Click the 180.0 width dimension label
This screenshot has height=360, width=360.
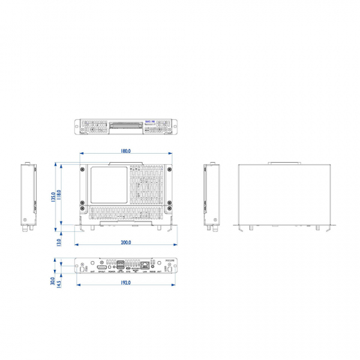125,150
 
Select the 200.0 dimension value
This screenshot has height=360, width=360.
125,243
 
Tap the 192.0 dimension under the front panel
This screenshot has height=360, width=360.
125,283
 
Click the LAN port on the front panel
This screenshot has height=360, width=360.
145,265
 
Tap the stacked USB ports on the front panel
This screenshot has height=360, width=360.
121,266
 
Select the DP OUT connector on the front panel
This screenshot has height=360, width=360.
102,267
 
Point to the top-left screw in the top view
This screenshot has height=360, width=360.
83,168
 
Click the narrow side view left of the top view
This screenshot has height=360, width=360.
28,197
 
